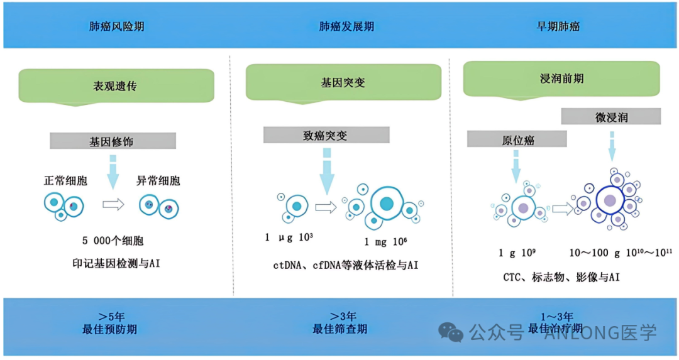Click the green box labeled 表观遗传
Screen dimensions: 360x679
[116, 85]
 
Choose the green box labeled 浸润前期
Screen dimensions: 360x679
[561, 79]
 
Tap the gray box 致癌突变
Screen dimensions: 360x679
[326, 134]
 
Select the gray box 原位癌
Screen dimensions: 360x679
[517, 138]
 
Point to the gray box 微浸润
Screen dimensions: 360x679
[610, 117]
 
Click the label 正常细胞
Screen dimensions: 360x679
[65, 181]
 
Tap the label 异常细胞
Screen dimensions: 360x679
[158, 181]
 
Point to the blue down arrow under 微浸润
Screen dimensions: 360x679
[612, 146]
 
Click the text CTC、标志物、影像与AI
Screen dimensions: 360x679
[561, 276]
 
